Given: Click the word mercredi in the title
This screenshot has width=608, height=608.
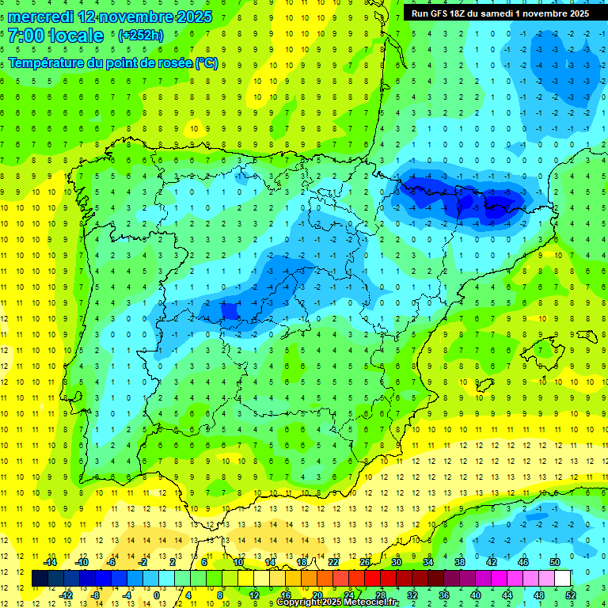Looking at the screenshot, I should pyautogui.click(x=40, y=17).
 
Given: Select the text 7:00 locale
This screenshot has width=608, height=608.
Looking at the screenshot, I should pyautogui.click(x=55, y=36).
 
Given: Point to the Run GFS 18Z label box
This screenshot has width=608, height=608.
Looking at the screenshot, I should pyautogui.click(x=500, y=13).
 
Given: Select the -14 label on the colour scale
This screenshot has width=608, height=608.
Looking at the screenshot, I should pyautogui.click(x=49, y=561).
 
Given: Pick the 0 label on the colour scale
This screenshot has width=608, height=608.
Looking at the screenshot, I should pyautogui.click(x=156, y=595).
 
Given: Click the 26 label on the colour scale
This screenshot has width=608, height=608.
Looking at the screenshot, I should pyautogui.click(x=365, y=561).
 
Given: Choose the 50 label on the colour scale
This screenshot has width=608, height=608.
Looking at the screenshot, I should pyautogui.click(x=555, y=561).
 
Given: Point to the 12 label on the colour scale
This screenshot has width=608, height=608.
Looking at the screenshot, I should pyautogui.click(x=253, y=595).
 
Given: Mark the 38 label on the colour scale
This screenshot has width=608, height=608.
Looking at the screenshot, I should pyautogui.click(x=460, y=561).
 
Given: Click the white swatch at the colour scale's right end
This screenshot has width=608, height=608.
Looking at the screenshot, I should pyautogui.click(x=562, y=578).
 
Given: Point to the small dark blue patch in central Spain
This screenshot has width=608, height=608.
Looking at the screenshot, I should pyautogui.click(x=230, y=311).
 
